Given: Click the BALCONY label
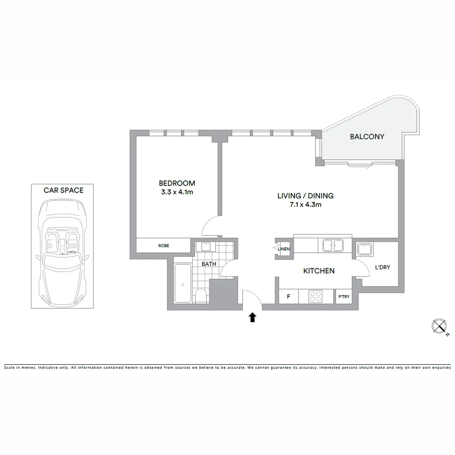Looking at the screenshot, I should [367, 136].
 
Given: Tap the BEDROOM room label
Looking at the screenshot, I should [177, 183].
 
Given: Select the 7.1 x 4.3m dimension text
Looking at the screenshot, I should [305, 205].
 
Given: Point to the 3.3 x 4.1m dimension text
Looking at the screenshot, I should [177, 192].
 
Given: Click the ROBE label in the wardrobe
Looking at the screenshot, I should [164, 246].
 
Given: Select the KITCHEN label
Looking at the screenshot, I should [319, 271].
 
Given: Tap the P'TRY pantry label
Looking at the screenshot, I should [344, 297].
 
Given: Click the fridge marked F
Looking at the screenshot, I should [289, 297].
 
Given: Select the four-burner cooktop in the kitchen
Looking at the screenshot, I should [316, 296].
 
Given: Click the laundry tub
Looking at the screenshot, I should [364, 249].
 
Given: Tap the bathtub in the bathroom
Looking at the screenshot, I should [183, 284].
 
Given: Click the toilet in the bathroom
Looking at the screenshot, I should [201, 296].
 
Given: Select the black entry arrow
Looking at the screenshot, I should [252, 317].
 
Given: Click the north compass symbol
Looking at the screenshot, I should [439, 327].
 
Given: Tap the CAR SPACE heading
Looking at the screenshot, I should [63, 190].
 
